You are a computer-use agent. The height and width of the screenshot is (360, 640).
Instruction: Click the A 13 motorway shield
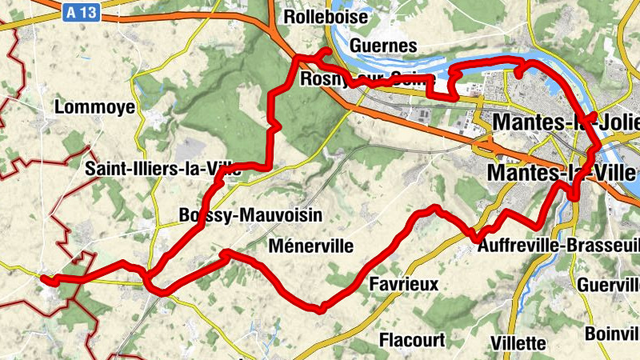click(x=82, y=13)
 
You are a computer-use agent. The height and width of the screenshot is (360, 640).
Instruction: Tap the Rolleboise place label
click(x=326, y=17)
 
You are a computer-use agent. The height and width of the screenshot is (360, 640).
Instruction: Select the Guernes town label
click(x=383, y=46)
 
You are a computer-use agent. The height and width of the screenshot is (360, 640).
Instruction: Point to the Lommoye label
click(x=89, y=107)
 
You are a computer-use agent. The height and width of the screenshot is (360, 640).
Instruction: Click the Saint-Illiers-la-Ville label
click(x=164, y=170)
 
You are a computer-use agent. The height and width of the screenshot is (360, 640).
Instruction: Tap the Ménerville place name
click(x=311, y=246)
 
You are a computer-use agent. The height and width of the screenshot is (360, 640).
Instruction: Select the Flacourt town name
click(x=411, y=340)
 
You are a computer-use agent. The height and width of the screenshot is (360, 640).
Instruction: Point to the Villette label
click(x=518, y=343)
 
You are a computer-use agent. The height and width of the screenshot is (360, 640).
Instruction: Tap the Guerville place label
click(x=609, y=284)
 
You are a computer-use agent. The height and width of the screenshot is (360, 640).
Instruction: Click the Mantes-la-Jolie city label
click(x=567, y=122)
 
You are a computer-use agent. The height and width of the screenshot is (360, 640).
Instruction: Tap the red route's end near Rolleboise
click(x=326, y=52)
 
